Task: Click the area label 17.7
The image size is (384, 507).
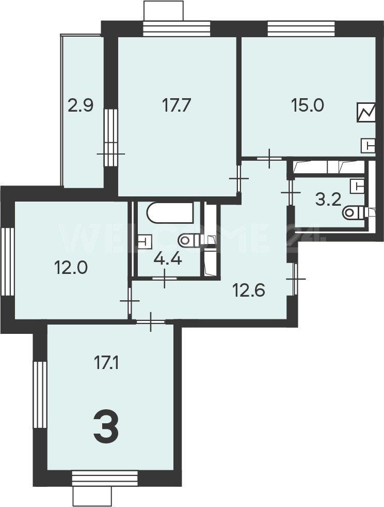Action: click(x=177, y=105)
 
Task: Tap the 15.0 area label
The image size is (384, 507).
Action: click(x=307, y=105)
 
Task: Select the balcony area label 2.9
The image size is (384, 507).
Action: click(x=81, y=105)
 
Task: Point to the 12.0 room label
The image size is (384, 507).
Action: click(x=71, y=268)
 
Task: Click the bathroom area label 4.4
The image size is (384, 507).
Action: click(x=168, y=259)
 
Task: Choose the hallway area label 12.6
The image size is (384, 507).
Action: click(x=249, y=290)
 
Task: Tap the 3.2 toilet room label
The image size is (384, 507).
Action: click(x=328, y=200)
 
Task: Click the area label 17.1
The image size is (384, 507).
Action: click(x=106, y=363)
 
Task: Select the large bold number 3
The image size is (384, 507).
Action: click(x=106, y=426)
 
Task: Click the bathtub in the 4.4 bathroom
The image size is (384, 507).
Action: click(x=170, y=212)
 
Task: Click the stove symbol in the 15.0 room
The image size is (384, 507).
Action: click(x=366, y=112)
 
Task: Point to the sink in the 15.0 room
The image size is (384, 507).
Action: click(x=369, y=146)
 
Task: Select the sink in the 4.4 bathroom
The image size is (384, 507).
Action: click(x=145, y=241)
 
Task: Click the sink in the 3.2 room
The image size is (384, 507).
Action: click(x=357, y=186)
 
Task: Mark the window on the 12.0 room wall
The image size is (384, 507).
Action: click(x=7, y=262)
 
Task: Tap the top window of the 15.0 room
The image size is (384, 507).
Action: click(x=301, y=29)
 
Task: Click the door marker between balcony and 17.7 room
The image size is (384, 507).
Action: click(x=111, y=154)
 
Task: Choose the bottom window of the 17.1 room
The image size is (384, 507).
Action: click(x=105, y=478)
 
